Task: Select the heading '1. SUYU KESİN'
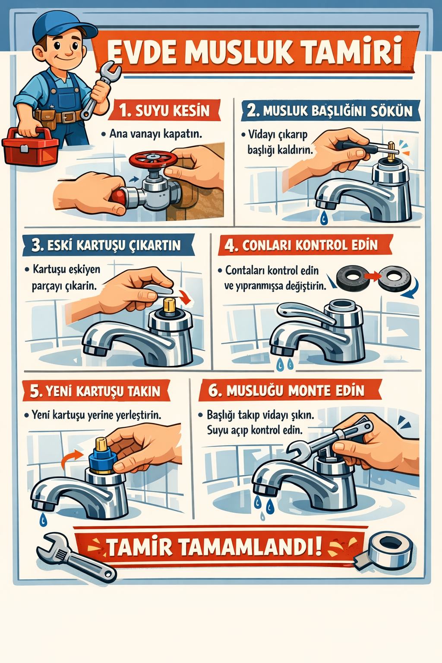(164, 110)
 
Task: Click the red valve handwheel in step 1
(153, 160)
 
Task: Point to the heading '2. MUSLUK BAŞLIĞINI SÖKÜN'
(330, 110)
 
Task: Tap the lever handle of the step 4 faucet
(305, 312)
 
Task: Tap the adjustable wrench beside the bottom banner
(76, 556)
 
